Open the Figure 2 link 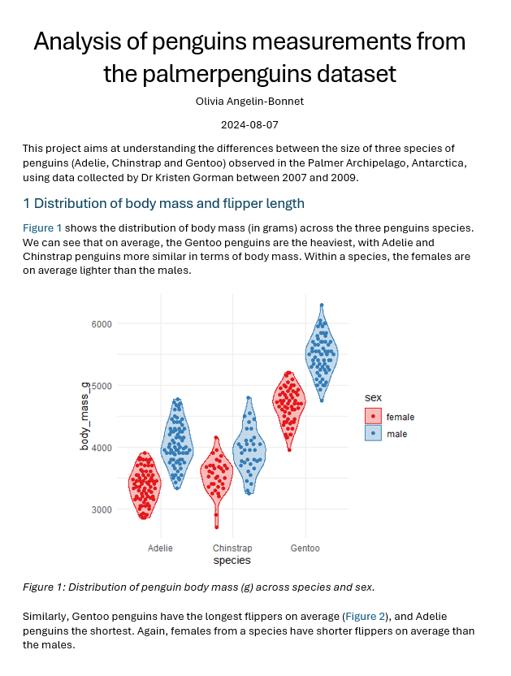click(x=365, y=617)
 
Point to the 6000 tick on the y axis click(x=102, y=323)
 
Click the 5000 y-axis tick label click(x=102, y=385)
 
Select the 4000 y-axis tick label click(x=102, y=448)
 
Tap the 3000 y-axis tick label click(x=102, y=509)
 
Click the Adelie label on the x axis click(x=160, y=548)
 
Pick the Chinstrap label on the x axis click(x=232, y=548)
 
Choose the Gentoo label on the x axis click(x=305, y=548)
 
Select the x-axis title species click(x=232, y=561)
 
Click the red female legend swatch click(x=373, y=417)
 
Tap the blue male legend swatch click(x=373, y=434)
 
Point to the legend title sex click(x=373, y=397)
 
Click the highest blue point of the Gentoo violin click(x=322, y=305)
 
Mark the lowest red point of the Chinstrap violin click(x=216, y=527)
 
